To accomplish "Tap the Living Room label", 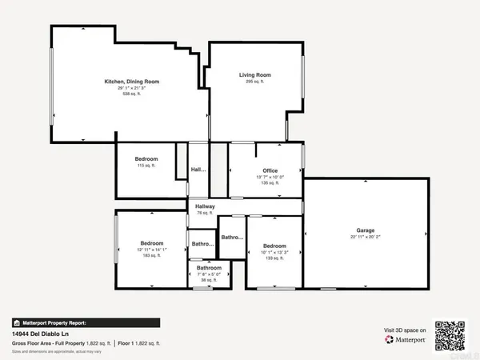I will point(256,75).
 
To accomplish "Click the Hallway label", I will point(206,206).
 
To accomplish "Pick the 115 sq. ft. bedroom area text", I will point(146,166).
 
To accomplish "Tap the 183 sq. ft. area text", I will point(152,256).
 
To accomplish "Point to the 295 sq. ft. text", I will point(256,82).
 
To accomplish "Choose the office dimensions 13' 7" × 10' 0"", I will point(269,177).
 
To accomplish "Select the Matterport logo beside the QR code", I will point(406,339).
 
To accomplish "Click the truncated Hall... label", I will point(198,170).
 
